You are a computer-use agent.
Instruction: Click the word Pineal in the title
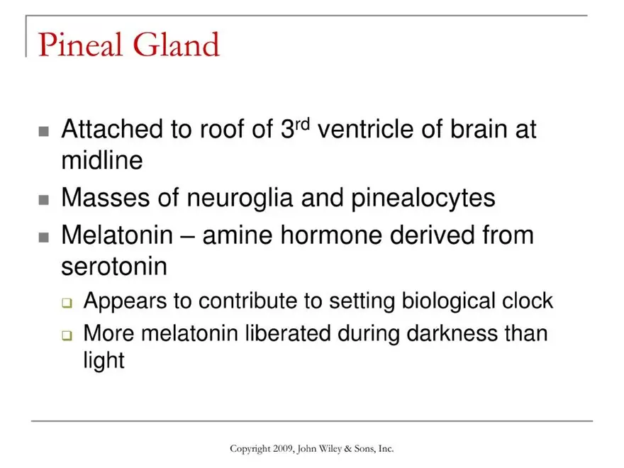coord(79,44)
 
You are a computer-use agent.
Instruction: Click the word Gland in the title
coord(176,44)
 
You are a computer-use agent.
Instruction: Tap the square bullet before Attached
coord(44,131)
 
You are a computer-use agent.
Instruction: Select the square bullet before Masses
coord(44,200)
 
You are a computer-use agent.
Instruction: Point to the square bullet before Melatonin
coord(44,238)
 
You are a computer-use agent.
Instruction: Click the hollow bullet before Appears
coord(67,303)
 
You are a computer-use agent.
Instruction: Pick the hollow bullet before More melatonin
coord(67,335)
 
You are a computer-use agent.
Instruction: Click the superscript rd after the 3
coord(303,124)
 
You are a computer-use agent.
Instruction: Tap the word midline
coord(102,160)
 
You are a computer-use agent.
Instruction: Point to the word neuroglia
coord(240,198)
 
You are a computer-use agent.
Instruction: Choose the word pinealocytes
coord(423,198)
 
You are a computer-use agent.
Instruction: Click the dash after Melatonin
coord(188,236)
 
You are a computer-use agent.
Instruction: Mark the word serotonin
coord(114,266)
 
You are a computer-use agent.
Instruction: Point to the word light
coord(104,361)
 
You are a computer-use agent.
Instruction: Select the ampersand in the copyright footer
coord(348,449)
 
